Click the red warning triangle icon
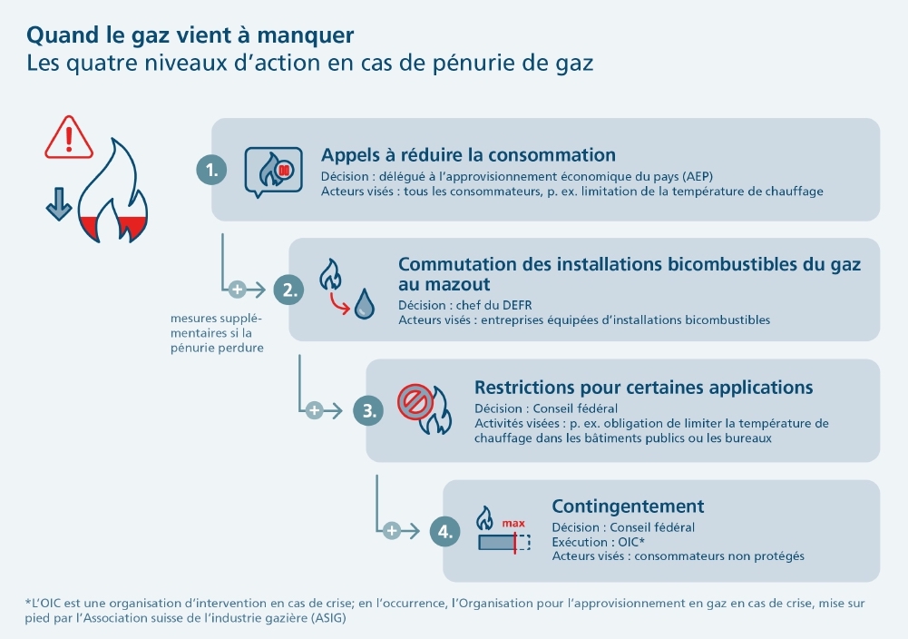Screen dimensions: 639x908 coord(69,137)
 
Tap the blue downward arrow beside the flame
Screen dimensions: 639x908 coord(58,205)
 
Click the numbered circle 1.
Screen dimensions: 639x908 coord(211,170)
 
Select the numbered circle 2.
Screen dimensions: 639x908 coord(288,290)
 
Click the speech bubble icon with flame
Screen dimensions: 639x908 coord(273,170)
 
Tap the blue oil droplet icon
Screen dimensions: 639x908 coord(365,303)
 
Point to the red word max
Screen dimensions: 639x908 coord(513,524)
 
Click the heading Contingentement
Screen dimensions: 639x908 coord(628,506)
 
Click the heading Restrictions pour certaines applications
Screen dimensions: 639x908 coord(643,388)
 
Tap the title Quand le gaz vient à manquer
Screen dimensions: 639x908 coord(190,35)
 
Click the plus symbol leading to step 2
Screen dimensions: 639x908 coord(237,290)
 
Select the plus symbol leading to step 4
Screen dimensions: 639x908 coord(391,531)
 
